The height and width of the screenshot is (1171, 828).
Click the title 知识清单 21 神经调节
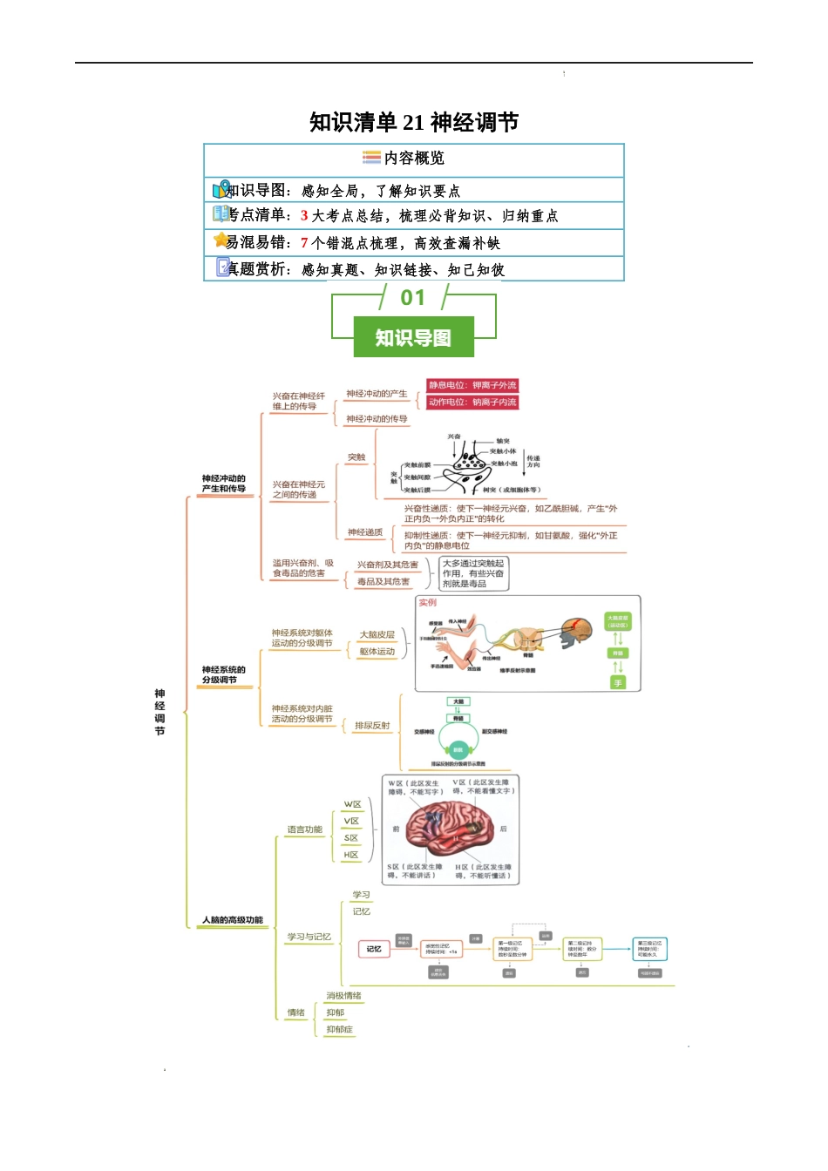[414, 122]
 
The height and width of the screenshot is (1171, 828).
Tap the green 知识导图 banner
[413, 337]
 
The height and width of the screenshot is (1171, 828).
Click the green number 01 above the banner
[413, 298]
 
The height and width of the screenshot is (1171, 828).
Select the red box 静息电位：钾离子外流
[472, 385]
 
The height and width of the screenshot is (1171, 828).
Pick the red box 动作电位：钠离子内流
[472, 403]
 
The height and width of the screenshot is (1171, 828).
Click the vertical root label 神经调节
[159, 713]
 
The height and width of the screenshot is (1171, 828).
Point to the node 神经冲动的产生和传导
[224, 484]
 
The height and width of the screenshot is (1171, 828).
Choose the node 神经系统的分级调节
[224, 674]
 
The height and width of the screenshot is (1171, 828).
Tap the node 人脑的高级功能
[233, 920]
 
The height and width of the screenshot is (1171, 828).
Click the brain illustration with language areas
[449, 829]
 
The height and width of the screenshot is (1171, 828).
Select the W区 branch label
[352, 804]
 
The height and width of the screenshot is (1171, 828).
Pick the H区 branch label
[351, 855]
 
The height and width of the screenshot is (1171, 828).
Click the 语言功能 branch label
[305, 829]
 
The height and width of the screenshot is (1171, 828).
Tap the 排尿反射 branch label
[372, 726]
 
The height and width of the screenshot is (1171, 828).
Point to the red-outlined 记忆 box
[374, 949]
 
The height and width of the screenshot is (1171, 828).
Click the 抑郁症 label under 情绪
[340, 1030]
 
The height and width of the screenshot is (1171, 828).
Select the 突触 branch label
[356, 457]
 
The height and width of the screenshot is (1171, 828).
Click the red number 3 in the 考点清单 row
[304, 215]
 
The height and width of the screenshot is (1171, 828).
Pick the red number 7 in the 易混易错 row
[304, 243]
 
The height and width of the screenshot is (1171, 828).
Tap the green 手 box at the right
[618, 683]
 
